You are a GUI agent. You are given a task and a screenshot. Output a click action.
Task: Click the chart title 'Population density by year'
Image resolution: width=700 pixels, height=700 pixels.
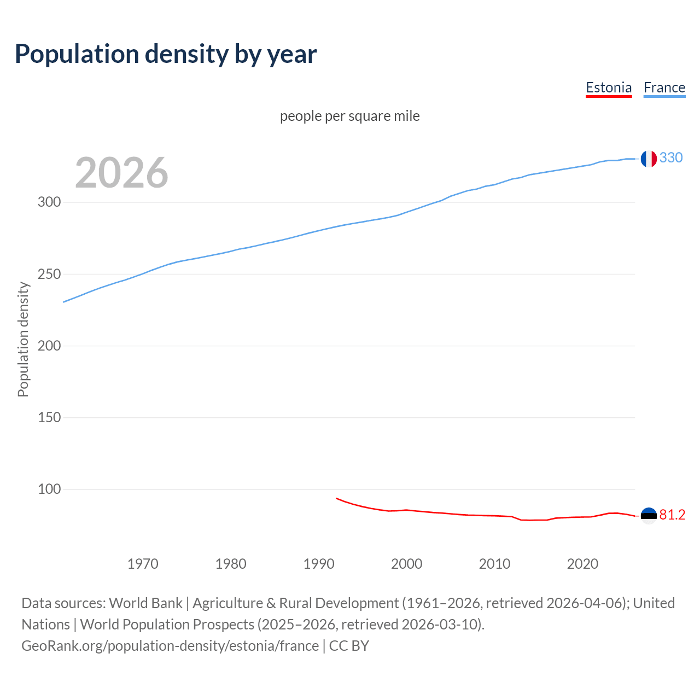tap(166, 54)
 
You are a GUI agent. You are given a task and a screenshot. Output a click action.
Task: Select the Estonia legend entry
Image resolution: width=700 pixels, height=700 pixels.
tap(609, 87)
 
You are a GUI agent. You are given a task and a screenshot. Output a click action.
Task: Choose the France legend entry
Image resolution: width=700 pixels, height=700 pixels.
tap(664, 87)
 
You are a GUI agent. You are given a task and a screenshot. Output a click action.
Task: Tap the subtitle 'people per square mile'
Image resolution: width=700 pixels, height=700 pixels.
tap(350, 116)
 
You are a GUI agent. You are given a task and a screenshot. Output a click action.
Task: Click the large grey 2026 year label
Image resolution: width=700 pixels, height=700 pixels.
tap(121, 173)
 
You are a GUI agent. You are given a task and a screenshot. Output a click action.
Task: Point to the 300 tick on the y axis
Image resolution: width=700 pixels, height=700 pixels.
tap(49, 202)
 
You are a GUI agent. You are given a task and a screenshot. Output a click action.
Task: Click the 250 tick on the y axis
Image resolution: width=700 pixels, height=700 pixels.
tap(49, 274)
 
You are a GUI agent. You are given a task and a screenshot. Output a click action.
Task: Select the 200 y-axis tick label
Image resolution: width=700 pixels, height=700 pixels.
tap(49, 346)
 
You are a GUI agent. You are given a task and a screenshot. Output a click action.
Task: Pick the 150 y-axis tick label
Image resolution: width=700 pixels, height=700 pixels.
tap(49, 417)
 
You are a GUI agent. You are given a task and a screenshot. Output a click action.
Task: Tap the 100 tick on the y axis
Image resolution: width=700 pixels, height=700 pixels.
tap(49, 489)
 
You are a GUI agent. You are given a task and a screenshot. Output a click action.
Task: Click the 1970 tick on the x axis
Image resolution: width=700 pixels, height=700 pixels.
tap(143, 564)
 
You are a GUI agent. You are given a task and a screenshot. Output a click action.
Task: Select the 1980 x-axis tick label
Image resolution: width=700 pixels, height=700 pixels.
tap(231, 564)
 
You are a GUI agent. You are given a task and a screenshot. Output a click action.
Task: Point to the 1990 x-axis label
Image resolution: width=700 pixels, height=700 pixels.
tap(319, 564)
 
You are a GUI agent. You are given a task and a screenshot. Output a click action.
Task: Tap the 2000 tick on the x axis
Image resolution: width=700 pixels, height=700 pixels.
tap(407, 564)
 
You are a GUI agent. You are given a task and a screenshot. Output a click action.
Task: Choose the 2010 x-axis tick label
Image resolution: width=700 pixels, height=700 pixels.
tap(495, 564)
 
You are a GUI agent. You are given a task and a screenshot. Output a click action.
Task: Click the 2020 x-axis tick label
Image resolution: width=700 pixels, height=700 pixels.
tap(583, 564)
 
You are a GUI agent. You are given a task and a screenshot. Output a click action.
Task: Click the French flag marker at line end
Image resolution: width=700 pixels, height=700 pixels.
tap(649, 159)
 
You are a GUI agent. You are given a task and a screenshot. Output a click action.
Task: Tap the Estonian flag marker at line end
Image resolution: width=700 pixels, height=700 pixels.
tap(649, 516)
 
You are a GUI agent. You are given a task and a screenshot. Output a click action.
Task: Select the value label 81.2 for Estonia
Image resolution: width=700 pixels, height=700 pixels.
tap(672, 515)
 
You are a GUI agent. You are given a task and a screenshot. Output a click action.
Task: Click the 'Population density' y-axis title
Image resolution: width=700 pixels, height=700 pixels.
tap(23, 339)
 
